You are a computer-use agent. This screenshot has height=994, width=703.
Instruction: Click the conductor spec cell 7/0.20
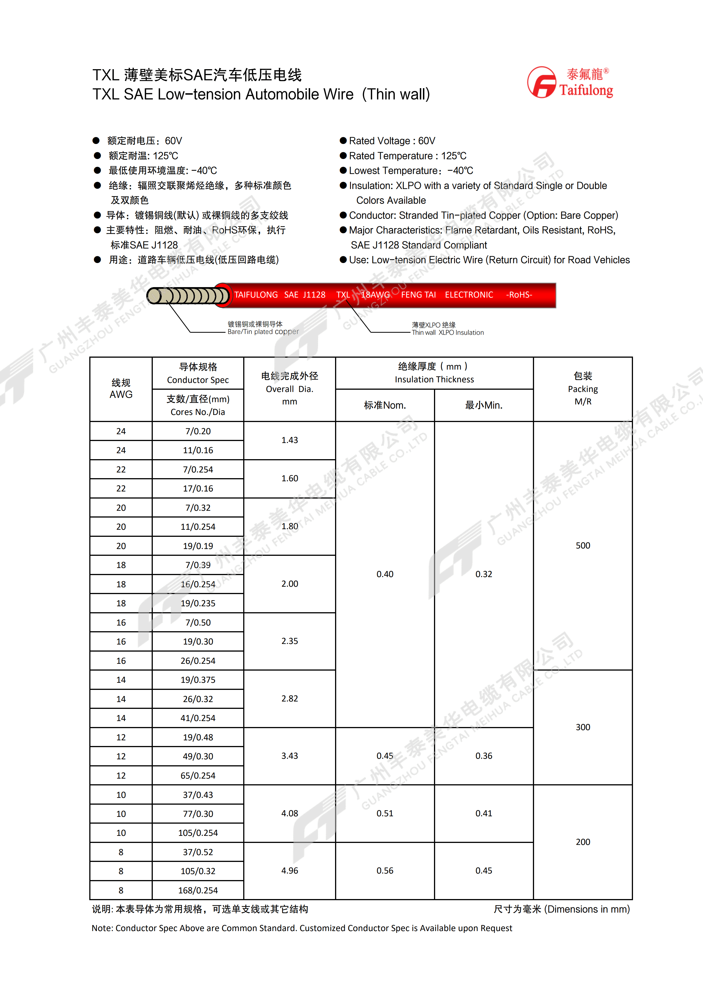pos(198,431)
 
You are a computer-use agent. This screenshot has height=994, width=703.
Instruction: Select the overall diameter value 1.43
pos(290,440)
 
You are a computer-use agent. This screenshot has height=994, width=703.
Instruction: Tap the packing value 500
pos(583,546)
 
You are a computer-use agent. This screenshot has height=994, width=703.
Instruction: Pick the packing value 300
pos(583,727)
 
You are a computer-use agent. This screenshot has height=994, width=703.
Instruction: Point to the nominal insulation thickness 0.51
pos(385,813)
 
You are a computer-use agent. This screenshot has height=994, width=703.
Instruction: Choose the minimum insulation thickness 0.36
pos(484,756)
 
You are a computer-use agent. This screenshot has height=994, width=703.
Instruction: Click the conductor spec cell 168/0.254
pos(198,891)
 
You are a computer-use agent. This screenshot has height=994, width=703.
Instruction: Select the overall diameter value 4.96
pos(290,871)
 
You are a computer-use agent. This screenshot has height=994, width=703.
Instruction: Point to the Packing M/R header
pos(583,389)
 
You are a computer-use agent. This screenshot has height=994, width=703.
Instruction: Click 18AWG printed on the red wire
pos(375,295)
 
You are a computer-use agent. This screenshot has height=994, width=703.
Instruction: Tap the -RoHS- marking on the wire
pos(519,295)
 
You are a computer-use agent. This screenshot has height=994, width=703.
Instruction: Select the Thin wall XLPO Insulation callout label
pos(448,329)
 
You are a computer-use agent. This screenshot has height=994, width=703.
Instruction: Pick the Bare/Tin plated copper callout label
pos(263,328)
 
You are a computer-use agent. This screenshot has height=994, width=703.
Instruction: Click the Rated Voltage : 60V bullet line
pos(392,141)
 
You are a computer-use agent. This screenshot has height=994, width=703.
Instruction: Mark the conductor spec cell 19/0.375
pos(198,680)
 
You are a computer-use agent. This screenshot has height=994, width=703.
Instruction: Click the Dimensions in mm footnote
pos(562,909)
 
